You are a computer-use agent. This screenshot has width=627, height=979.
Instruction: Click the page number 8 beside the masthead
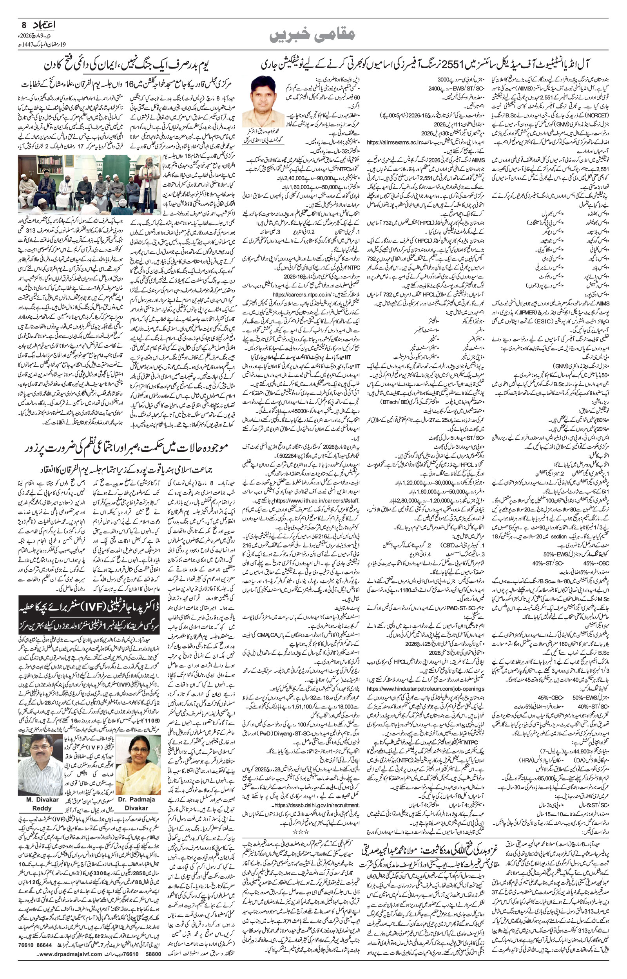coord(24,25)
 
